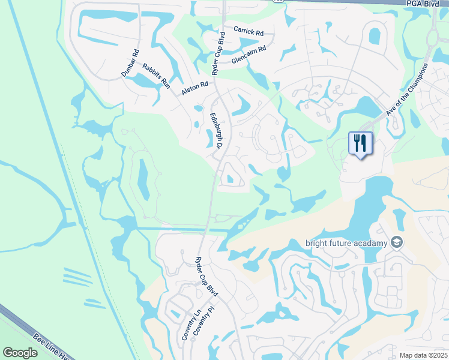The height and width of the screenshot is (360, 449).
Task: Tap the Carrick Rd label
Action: (249, 31)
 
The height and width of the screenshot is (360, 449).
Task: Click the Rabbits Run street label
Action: (156, 76)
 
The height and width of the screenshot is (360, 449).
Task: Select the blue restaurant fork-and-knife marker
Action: (360, 144)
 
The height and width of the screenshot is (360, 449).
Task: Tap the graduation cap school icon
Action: (396, 242)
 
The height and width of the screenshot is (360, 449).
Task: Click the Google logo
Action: (21, 352)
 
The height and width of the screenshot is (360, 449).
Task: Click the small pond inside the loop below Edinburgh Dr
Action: (231, 178)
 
